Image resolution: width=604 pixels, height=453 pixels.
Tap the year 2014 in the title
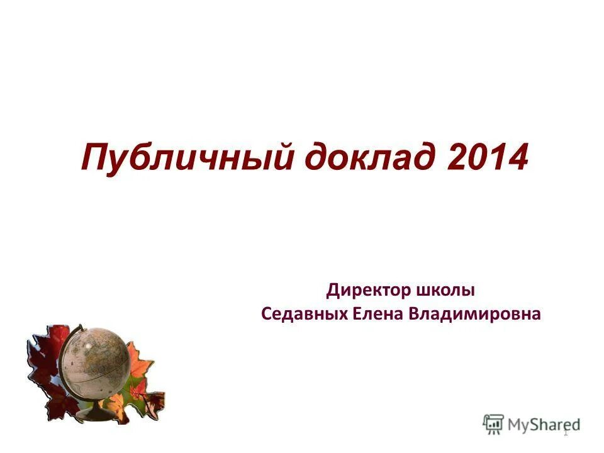488,157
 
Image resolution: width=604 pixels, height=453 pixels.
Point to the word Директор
368,291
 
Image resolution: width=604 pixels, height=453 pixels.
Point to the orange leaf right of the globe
142,371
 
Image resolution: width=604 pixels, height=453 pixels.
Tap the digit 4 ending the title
515,157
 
